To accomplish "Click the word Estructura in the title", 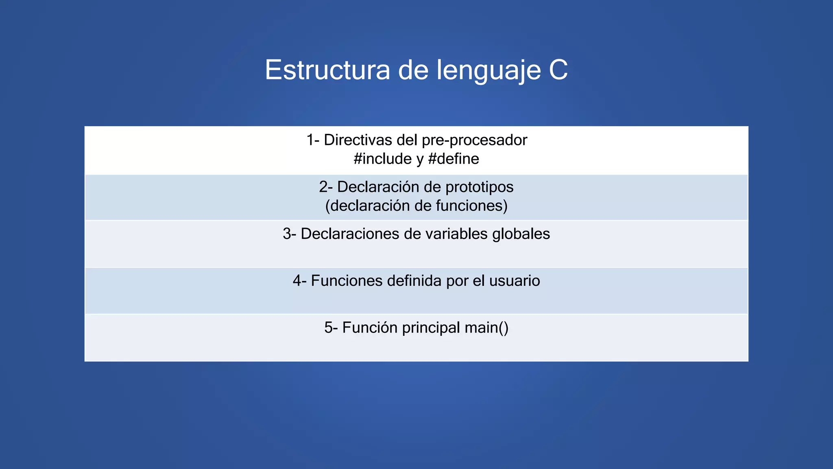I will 327,70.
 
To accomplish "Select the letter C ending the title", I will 558,70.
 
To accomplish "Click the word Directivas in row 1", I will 358,140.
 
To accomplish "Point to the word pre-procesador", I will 474,140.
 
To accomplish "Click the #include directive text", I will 382,159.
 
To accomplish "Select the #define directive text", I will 454,159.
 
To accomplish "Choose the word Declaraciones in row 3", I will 349,234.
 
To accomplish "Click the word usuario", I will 515,281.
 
